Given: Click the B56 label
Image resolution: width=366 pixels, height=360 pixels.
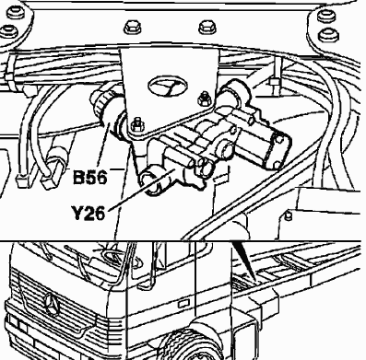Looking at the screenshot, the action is click(x=90, y=177).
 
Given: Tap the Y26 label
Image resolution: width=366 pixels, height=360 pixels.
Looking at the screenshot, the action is click(x=89, y=213).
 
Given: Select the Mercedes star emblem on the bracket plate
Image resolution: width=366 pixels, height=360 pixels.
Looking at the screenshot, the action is click(x=168, y=86).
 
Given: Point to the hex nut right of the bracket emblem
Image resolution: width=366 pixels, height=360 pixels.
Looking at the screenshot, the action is click(x=204, y=99).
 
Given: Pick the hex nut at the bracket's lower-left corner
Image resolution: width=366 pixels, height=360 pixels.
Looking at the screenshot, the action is click(x=136, y=125).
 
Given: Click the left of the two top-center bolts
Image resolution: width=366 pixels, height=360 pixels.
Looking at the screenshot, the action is click(x=133, y=28).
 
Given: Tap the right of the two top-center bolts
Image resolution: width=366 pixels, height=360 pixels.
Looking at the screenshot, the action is click(x=207, y=27).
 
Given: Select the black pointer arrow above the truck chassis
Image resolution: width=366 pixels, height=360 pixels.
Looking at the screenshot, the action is click(x=244, y=261).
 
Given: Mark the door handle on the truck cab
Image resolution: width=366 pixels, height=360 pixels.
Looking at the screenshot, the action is click(x=183, y=303).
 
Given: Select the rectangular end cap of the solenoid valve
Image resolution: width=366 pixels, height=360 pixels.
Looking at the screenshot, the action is click(x=277, y=151).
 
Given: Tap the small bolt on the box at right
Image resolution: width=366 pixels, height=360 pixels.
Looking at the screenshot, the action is click(x=288, y=215).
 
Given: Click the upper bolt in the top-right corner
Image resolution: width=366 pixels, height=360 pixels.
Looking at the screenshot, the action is click(x=326, y=16).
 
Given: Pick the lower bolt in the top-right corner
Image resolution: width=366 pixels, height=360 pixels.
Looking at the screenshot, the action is click(x=329, y=35).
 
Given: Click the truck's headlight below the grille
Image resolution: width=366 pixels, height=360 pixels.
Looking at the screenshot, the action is click(x=18, y=323).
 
